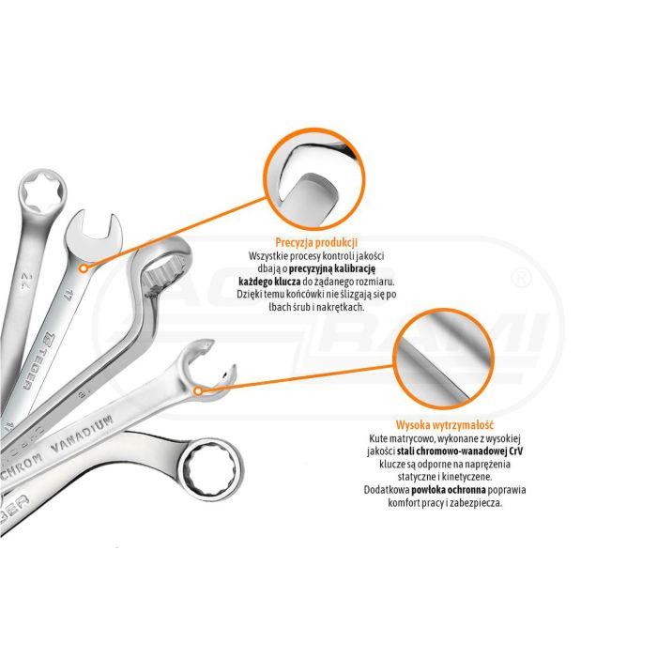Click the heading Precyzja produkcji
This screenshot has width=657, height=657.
(316, 242)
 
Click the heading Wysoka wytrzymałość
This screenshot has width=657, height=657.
(445, 425)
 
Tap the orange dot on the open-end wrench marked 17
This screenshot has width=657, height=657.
(84, 268)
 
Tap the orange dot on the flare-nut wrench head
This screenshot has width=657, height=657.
(198, 391)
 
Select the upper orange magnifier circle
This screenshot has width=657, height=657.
(267, 180)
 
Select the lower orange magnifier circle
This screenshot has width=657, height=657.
(396, 359)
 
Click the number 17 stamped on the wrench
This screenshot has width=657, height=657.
(68, 295)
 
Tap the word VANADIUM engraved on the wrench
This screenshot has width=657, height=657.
(83, 434)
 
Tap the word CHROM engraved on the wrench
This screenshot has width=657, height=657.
(21, 466)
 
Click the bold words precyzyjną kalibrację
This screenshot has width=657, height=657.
(332, 268)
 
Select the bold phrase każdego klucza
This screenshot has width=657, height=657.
(270, 282)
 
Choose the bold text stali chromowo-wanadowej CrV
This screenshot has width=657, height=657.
(460, 451)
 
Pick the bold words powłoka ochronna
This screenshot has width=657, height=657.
(449, 489)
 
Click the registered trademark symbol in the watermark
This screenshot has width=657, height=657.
(522, 278)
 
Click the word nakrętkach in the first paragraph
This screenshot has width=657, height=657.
(341, 307)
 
